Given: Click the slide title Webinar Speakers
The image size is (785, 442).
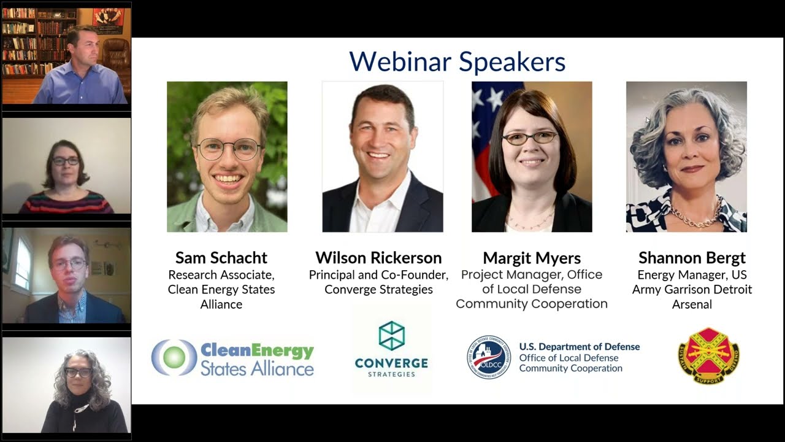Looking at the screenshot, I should click(457, 62).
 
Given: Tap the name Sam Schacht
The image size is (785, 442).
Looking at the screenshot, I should click(221, 257).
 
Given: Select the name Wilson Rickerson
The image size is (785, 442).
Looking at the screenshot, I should click(378, 257).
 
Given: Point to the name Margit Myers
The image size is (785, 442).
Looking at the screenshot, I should click(532, 257).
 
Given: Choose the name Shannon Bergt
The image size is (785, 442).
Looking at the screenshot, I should click(692, 257).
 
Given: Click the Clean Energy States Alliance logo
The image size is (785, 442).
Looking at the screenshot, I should click(232, 358).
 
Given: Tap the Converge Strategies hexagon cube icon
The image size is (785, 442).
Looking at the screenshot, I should click(391, 336).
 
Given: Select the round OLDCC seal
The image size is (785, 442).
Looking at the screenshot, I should click(488, 357).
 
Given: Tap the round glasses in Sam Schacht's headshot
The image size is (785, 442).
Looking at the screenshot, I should click(228, 149).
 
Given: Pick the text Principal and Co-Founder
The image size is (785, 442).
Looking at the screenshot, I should click(378, 274).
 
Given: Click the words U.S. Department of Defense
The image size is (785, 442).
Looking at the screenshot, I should click(579, 347).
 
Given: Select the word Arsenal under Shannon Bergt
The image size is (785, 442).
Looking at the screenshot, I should click(692, 304).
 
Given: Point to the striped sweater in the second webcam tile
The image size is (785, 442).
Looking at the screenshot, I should click(66, 203).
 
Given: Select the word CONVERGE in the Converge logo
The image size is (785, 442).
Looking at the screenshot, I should click(391, 363).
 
